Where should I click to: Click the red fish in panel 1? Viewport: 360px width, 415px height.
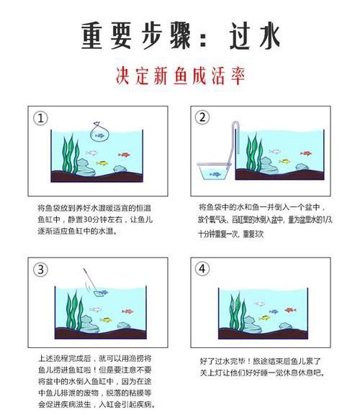click(x=123, y=155)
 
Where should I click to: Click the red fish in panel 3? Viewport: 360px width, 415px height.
click(x=127, y=311)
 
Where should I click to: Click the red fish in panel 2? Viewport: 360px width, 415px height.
click(x=305, y=154)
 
